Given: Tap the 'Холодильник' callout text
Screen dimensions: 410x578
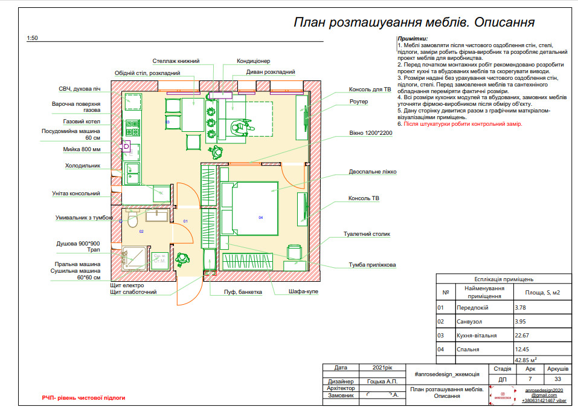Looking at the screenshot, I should click(x=83, y=165).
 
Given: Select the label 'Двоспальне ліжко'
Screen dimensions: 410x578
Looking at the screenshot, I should click(x=372, y=172).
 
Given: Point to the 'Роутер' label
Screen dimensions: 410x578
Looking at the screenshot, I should click(x=358, y=102).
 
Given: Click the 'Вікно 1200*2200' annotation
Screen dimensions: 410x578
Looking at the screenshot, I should click(x=370, y=132).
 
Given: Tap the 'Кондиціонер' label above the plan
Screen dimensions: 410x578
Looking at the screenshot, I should click(x=253, y=61).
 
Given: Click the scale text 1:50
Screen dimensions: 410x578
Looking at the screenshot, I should click(x=32, y=38).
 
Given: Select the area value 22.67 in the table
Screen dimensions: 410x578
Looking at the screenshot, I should click(x=521, y=335).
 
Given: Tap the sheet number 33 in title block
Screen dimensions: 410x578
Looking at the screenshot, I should click(x=557, y=380).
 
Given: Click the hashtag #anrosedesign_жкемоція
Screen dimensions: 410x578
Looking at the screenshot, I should click(x=446, y=374).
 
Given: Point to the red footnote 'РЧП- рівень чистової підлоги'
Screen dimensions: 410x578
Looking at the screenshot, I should click(x=83, y=398).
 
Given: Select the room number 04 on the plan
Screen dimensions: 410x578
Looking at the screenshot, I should click(x=261, y=217).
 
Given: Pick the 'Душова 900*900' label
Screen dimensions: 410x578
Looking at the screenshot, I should click(x=79, y=244).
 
